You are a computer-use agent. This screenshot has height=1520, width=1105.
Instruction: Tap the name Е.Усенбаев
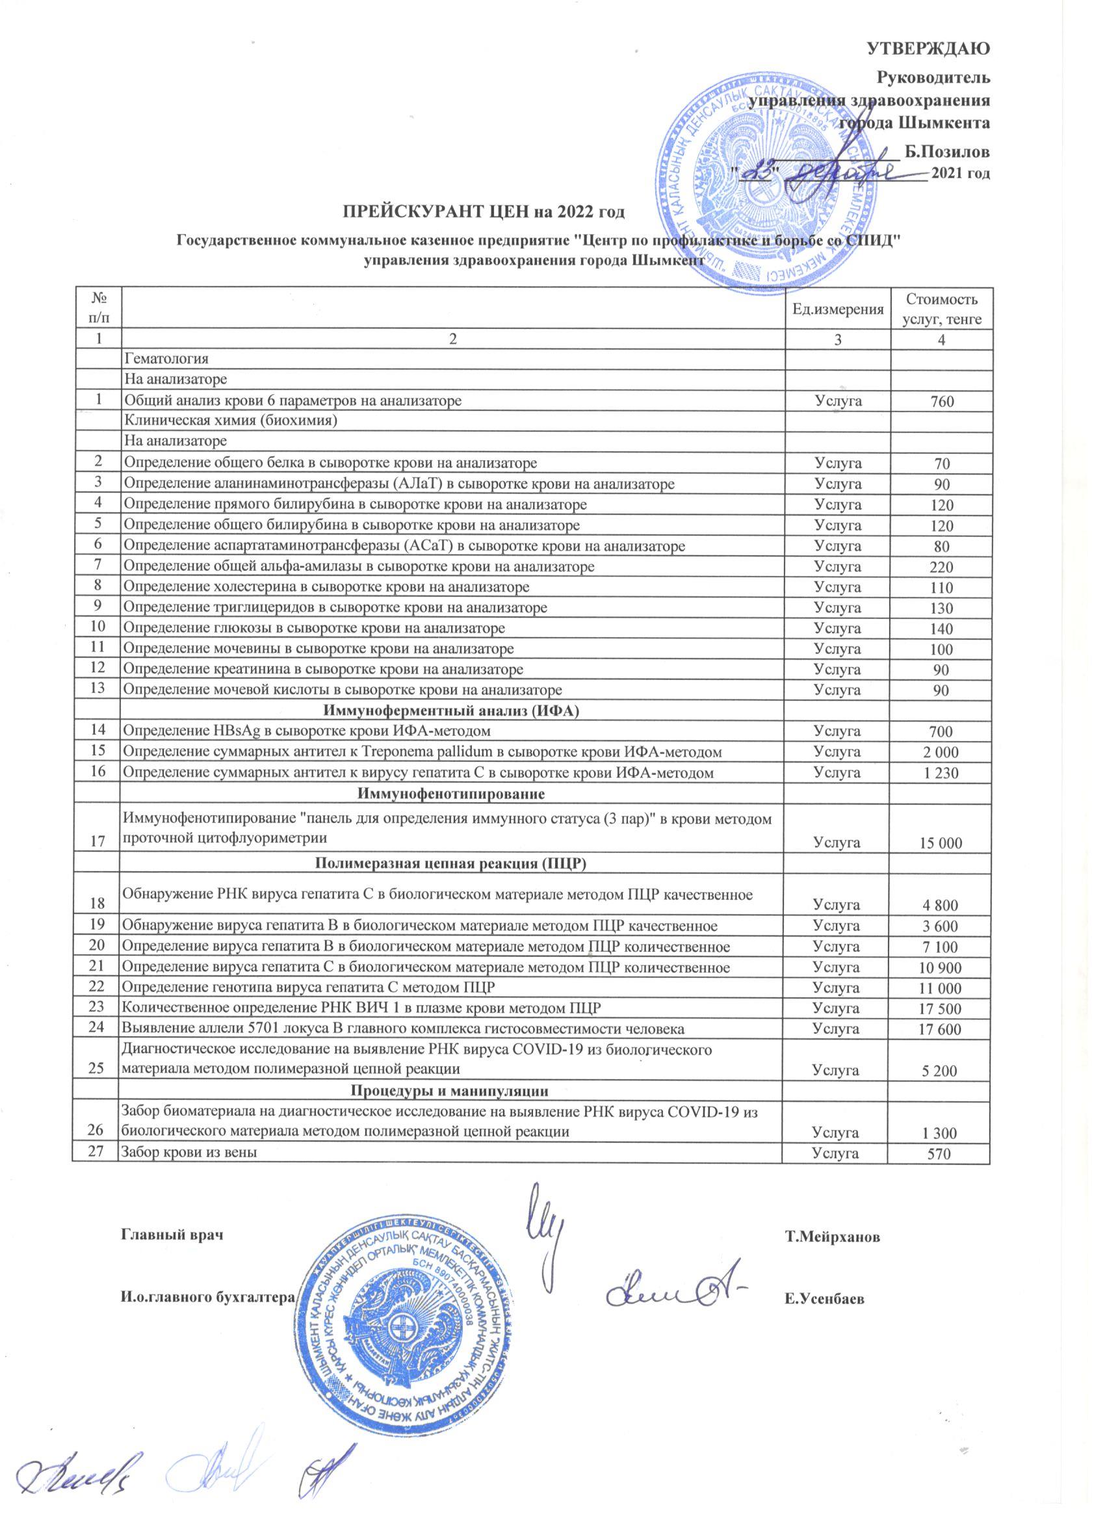[x=824, y=1299]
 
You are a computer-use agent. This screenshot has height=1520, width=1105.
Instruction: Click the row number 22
[x=99, y=986]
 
